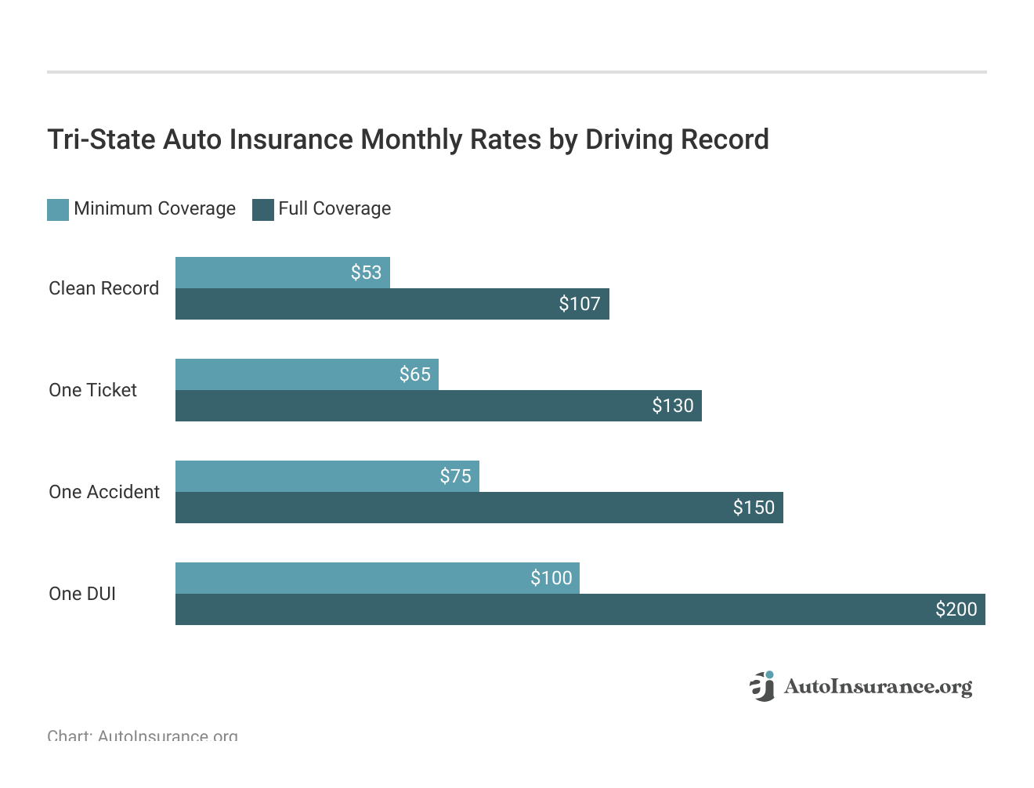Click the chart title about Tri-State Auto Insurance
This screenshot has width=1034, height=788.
coord(407,139)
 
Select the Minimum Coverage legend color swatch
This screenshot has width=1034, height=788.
coord(58,209)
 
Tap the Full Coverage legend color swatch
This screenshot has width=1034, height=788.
coord(263,209)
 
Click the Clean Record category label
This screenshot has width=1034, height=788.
coord(103,288)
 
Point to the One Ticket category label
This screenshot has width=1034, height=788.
coord(92,390)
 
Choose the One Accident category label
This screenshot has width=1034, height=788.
coord(104,492)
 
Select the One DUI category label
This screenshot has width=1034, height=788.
coord(82,594)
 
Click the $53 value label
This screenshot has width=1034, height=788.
coord(366,273)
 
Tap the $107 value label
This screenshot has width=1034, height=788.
coord(579,304)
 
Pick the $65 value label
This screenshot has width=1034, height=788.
coord(414,374)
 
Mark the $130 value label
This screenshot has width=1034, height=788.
coord(672,406)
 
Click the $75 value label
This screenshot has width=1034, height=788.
coord(455,476)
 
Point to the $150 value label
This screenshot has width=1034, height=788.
coord(753,508)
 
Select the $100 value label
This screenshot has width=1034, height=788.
coord(551,578)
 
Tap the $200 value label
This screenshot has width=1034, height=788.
coord(956,609)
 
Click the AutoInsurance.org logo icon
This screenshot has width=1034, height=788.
coord(761,686)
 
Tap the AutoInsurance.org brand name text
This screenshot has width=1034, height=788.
coord(877,687)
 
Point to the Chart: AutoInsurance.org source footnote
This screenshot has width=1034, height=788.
coord(143,736)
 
